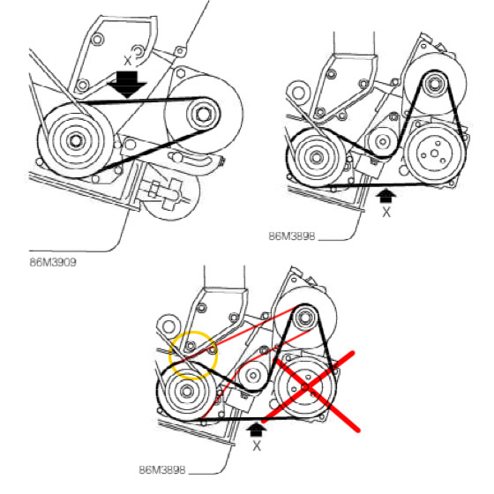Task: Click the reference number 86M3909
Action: tap(53, 262)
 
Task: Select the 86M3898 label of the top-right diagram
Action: tap(292, 236)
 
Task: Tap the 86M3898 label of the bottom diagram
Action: tap(162, 469)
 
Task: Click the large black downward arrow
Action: tap(127, 85)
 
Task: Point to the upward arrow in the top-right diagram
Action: tap(386, 196)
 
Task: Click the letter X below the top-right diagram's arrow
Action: tap(386, 212)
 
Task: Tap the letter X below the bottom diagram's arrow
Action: tap(257, 445)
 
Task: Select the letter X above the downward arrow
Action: tap(127, 60)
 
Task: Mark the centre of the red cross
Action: tap(306, 387)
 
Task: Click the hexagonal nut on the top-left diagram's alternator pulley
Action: tap(203, 114)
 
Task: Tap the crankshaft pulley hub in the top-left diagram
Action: tap(75, 140)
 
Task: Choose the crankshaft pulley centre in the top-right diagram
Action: tap(316, 157)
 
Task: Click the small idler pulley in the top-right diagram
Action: tap(383, 141)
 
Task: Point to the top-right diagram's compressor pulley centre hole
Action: tap(434, 153)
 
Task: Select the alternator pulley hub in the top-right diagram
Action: tap(435, 84)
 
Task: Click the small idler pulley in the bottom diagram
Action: tap(252, 375)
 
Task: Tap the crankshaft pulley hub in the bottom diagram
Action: tap(186, 391)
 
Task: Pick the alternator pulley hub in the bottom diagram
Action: tap(304, 318)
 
